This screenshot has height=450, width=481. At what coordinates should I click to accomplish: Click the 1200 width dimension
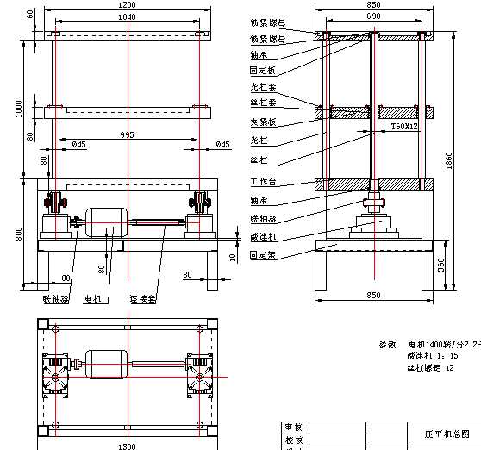(127, 5)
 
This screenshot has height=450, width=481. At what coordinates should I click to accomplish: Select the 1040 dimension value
(127, 17)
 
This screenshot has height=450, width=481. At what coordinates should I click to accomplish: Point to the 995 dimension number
(127, 134)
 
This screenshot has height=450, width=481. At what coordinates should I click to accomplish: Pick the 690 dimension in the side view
(373, 16)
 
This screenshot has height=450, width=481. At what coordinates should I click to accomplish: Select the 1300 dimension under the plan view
(127, 446)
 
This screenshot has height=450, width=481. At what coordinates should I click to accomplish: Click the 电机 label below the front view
(92, 299)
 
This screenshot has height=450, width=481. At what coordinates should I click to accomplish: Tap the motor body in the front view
(106, 222)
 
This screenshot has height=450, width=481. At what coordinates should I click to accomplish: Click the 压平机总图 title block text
(447, 433)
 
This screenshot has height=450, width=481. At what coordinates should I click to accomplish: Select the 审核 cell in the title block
(293, 427)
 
